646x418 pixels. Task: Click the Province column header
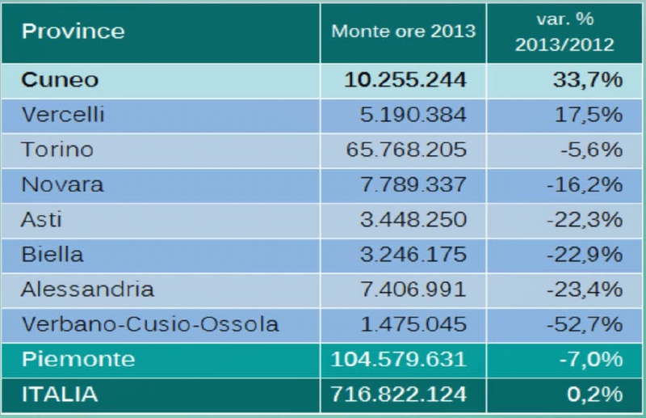click(x=73, y=32)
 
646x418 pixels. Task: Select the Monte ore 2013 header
click(x=404, y=32)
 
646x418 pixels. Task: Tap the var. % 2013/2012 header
click(x=564, y=32)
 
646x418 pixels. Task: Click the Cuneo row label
click(x=60, y=80)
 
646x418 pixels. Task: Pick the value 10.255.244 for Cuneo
click(x=405, y=80)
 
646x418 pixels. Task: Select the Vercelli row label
click(x=64, y=115)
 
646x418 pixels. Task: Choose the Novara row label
click(x=62, y=184)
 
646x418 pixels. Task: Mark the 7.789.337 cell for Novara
click(x=414, y=184)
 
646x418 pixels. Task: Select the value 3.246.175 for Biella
click(x=414, y=254)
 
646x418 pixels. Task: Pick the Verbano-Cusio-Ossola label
click(x=150, y=323)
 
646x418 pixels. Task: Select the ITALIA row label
click(x=60, y=395)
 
